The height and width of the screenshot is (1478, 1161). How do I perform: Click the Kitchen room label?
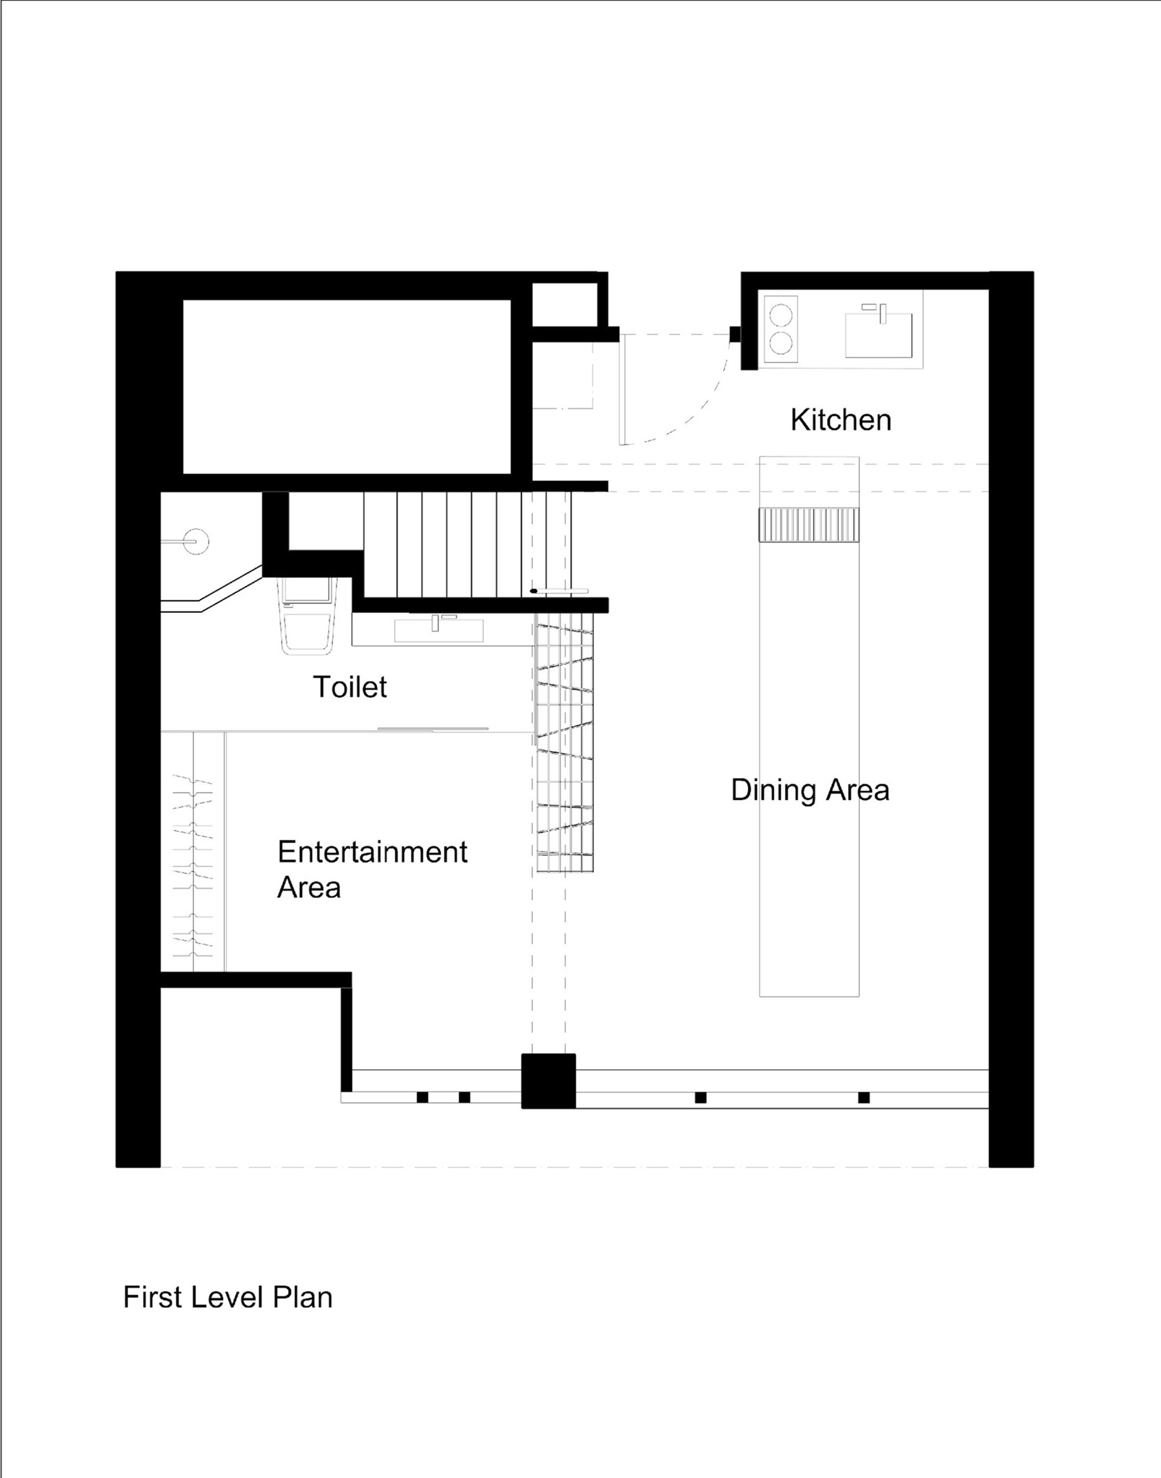(841, 419)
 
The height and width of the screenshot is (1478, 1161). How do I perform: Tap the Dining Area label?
(810, 789)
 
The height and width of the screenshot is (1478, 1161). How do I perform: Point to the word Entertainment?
(373, 852)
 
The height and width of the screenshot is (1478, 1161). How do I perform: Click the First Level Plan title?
(228, 1297)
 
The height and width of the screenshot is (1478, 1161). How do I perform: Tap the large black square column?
(549, 1081)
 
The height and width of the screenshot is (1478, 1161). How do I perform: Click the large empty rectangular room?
(347, 386)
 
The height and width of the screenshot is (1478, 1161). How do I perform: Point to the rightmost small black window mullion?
(864, 1096)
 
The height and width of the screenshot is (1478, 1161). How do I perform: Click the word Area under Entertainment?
(309, 888)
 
